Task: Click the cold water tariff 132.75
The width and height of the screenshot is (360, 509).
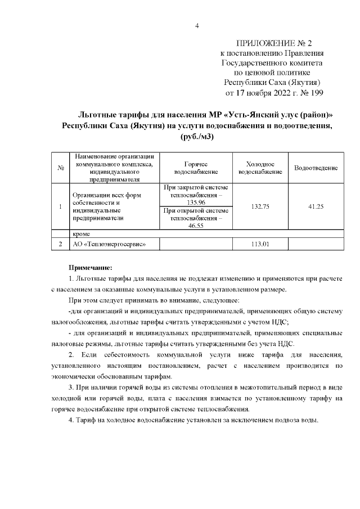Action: tap(260, 206)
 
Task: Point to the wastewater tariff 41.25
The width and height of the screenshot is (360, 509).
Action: tap(316, 206)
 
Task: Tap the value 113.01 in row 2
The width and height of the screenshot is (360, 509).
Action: tap(260, 244)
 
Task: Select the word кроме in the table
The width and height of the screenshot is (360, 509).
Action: tap(83, 233)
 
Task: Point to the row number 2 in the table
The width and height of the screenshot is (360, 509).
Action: tap(60, 244)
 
